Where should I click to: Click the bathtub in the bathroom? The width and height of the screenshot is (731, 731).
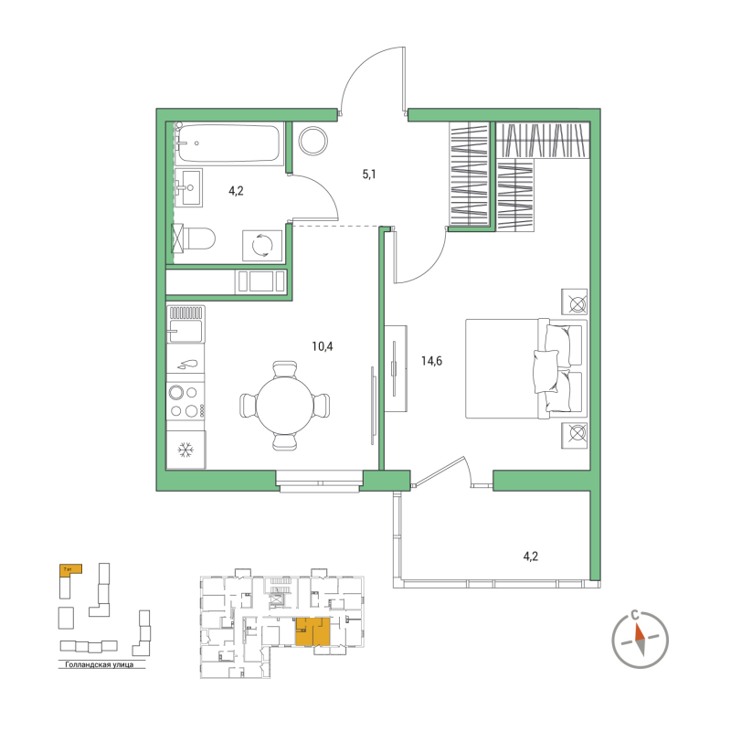(228, 144)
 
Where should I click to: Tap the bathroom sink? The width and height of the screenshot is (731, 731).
(191, 189)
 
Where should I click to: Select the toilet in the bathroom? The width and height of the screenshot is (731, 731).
(196, 240)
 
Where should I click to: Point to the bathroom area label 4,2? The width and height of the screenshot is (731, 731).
(236, 191)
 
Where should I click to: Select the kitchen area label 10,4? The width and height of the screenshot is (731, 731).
(323, 346)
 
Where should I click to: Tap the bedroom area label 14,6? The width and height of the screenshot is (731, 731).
(431, 360)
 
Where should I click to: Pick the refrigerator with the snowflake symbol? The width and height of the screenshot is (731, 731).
(185, 450)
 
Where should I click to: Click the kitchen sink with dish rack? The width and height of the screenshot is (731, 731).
(185, 324)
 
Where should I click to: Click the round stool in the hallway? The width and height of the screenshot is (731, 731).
(313, 140)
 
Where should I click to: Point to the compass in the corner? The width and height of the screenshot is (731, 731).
(640, 637)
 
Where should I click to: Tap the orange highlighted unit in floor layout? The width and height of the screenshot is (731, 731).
(313, 631)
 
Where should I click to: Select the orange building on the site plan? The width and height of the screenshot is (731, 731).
(69, 568)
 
